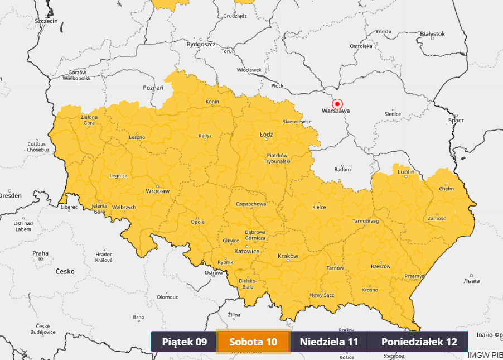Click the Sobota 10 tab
[253, 342]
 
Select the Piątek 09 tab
[185, 342]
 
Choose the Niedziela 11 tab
[328, 342]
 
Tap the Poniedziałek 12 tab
[419, 342]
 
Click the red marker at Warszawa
[337, 104]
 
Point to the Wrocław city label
[157, 191]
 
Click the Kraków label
[288, 256]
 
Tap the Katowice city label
[246, 251]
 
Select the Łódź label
[266, 135]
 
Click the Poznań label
[153, 88]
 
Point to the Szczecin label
[46, 21]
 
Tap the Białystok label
[432, 34]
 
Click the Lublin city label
[406, 172]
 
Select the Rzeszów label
[380, 266]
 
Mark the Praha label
[41, 253]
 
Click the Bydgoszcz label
[201, 44]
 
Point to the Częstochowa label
[251, 204]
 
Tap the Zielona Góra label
[89, 120]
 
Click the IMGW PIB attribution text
[485, 355]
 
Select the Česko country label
[65, 271]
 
